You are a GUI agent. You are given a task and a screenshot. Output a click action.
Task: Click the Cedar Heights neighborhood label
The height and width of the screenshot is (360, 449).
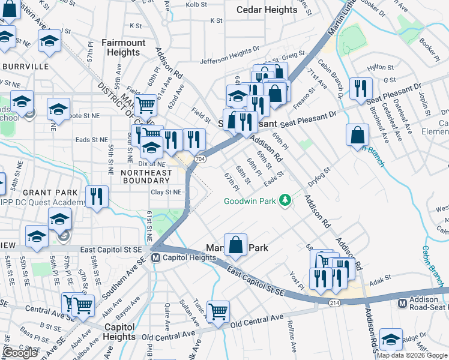click(267, 10)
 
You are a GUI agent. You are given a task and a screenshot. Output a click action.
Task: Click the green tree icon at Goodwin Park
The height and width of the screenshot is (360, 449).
click(287, 200)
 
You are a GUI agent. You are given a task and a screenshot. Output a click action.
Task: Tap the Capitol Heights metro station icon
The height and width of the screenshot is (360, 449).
click(156, 258)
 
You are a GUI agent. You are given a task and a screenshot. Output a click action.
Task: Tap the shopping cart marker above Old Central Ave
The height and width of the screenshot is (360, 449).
click(218, 310)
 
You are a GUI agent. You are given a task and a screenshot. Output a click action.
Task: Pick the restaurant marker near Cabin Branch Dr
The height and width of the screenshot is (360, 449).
click(360, 88)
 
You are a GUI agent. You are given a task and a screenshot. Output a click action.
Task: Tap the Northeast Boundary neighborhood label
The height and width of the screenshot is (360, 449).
click(146, 173)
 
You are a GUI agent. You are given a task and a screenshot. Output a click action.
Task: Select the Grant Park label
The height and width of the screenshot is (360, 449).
click(52, 192)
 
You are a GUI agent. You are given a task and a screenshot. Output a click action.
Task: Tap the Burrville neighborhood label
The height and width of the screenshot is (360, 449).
click(25, 66)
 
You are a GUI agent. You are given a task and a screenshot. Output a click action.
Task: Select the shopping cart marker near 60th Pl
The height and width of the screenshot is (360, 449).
click(146, 105)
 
